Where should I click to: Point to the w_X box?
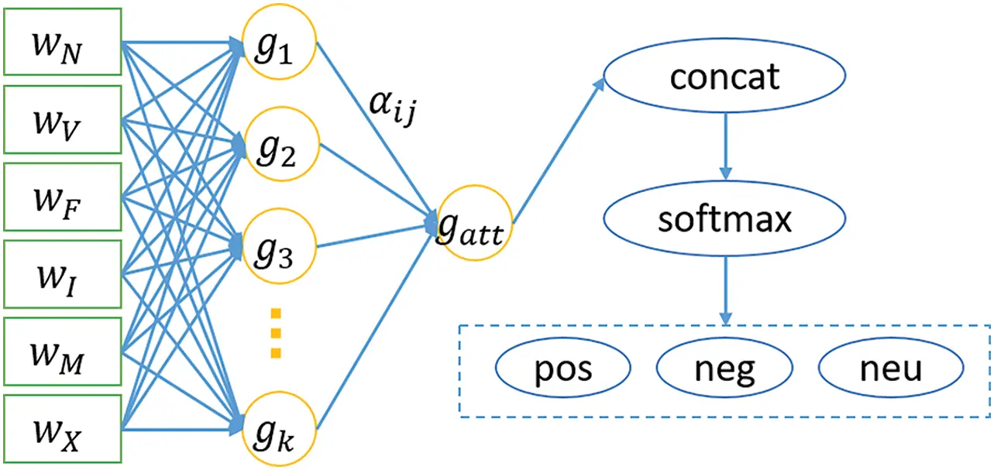[62, 428]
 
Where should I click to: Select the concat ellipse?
[725, 77]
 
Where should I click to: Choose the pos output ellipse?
[562, 369]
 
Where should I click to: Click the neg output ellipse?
[725, 369]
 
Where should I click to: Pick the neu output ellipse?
[890, 369]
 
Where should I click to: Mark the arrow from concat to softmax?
[725, 147]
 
